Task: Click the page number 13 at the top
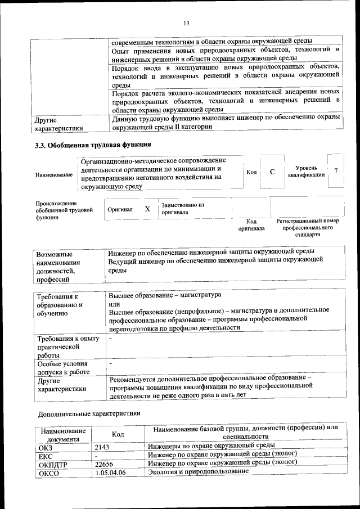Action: pos(186,23)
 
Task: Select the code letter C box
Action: pos(272,172)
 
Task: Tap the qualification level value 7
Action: pos(336,171)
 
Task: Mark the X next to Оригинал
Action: pos(147,209)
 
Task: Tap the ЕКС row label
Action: pos(46,455)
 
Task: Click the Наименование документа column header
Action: pos(63,434)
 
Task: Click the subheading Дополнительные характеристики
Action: pos(89,413)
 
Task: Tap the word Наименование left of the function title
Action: pos(54,175)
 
